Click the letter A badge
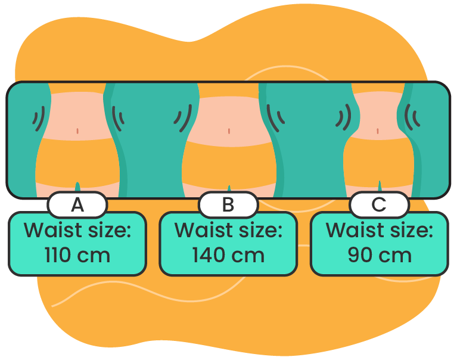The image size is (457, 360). point(77,205)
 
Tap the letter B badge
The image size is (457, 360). point(228,205)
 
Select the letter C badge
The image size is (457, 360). point(379,205)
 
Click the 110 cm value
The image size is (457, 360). point(77,255)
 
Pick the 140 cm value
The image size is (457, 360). point(228,255)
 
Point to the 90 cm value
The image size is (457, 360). point(380,255)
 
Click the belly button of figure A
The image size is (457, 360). point(78,131)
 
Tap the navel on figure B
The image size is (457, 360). point(229,131)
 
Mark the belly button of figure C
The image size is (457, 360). point(378,131)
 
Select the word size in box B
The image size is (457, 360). point(257,230)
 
